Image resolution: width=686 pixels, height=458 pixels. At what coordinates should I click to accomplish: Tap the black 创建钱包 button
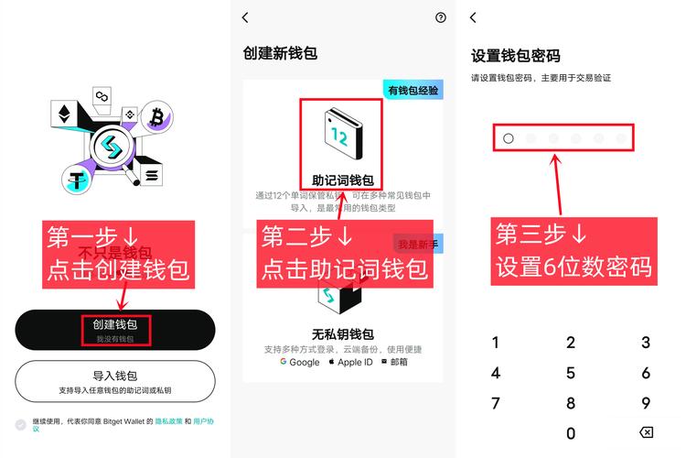click(114, 330)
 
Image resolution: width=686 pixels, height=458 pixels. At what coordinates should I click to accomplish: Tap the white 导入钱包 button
click(114, 381)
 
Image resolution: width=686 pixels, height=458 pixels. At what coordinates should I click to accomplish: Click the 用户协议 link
click(204, 420)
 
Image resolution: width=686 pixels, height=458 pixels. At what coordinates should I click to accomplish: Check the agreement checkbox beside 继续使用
click(21, 424)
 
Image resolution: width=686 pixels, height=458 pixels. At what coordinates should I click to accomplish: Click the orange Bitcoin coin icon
click(156, 116)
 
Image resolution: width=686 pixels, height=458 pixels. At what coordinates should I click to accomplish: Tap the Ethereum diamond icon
click(65, 115)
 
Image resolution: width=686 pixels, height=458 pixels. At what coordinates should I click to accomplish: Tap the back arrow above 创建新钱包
click(245, 17)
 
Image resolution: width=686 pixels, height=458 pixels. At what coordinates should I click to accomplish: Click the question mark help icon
click(441, 17)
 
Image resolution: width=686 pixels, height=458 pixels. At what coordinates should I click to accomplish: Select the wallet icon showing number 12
click(339, 137)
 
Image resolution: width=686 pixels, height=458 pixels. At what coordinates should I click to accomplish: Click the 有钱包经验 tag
click(413, 90)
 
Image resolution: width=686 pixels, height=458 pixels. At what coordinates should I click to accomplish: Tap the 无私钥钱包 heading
click(343, 333)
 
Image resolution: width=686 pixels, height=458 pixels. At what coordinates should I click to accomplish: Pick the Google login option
click(299, 362)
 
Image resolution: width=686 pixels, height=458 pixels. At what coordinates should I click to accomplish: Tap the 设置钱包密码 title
click(515, 55)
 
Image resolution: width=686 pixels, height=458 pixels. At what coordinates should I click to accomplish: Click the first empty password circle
click(509, 138)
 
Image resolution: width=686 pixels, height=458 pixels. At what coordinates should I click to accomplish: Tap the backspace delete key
click(645, 432)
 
